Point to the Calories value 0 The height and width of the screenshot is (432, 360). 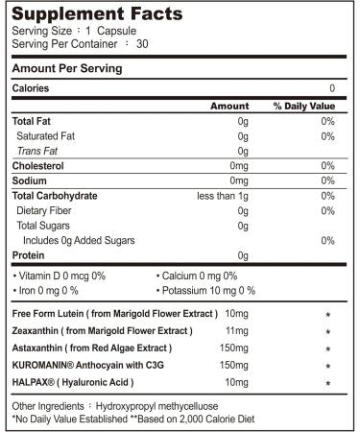click(331, 88)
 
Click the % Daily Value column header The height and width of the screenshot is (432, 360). click(303, 106)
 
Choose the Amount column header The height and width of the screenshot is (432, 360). click(229, 106)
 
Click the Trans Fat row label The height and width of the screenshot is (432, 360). click(36, 151)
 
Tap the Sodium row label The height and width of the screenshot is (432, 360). click(30, 180)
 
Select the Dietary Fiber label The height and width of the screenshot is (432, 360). click(46, 210)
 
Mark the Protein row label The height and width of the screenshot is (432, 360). click(29, 254)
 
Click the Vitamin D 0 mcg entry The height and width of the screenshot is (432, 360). click(58, 276)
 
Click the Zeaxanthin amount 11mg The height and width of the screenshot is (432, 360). click(234, 330)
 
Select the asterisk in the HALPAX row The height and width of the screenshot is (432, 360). click(328, 383)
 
